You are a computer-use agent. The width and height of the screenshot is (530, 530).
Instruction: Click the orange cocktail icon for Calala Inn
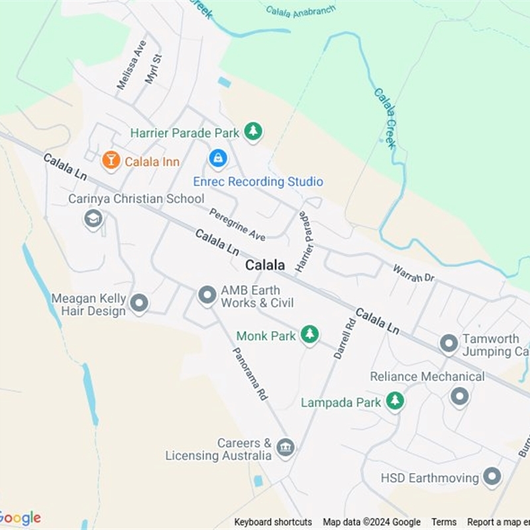tap(111, 160)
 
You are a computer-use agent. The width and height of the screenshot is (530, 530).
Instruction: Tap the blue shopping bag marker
tap(217, 158)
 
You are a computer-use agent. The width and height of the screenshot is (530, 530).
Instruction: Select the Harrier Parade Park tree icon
tap(252, 131)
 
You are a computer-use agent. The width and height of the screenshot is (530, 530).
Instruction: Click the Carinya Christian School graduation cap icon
tap(93, 219)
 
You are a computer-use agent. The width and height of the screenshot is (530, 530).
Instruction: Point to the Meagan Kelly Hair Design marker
tap(139, 303)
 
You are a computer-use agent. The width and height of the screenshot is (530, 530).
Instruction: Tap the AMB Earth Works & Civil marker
tap(207, 295)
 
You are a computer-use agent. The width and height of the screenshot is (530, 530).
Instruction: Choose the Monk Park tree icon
tap(309, 335)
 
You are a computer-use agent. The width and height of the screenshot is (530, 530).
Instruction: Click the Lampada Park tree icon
tap(395, 400)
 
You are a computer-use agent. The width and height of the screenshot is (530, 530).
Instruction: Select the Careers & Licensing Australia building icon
tap(286, 448)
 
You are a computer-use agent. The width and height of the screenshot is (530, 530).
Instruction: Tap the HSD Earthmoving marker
tap(492, 476)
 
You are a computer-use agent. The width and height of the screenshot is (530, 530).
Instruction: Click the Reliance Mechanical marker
tap(459, 397)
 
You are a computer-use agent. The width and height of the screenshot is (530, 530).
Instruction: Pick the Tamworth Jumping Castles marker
tap(449, 344)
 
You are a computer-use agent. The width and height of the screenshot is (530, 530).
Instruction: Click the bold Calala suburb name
tap(265, 265)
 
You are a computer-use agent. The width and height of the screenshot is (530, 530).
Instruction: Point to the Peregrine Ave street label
tap(237, 225)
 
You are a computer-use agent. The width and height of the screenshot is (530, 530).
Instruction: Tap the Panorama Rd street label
tap(250, 374)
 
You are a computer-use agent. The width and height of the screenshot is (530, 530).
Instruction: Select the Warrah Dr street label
tap(413, 273)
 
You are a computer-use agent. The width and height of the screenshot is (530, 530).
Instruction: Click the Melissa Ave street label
tap(131, 65)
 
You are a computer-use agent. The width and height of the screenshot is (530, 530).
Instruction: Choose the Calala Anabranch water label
tap(301, 11)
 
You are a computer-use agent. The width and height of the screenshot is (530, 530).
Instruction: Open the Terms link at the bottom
tap(444, 522)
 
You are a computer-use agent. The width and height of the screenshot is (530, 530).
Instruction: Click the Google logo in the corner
tap(20, 518)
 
